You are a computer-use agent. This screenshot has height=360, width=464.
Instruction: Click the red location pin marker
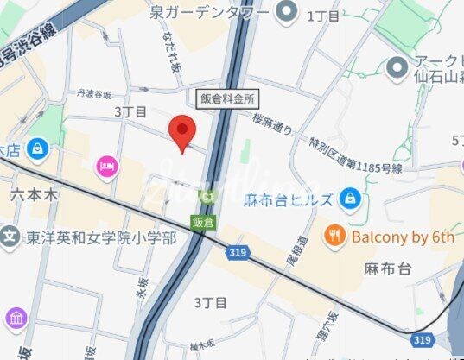(x=181, y=132)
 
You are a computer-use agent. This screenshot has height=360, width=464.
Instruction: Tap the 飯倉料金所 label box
(x=227, y=98)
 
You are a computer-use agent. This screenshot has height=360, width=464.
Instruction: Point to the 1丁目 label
(x=324, y=15)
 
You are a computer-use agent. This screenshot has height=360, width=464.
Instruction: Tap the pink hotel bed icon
(x=107, y=165)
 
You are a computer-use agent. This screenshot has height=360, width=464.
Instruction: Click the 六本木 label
(x=35, y=195)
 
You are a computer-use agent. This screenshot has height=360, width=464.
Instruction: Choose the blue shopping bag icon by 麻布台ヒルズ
(x=349, y=199)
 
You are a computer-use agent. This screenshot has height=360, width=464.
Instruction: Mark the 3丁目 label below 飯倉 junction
(x=210, y=302)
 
